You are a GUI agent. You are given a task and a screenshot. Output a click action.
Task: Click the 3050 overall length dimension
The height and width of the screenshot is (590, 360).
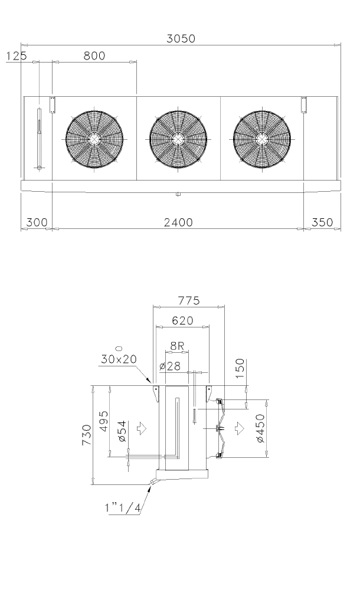pos(181,38)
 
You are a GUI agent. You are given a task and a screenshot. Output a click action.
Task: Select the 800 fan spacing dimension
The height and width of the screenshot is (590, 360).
pos(94,55)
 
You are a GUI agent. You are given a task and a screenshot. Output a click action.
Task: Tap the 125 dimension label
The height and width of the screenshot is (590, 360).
pos(17,55)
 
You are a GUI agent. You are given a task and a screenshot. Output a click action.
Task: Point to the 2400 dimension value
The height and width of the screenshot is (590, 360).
pos(178,222)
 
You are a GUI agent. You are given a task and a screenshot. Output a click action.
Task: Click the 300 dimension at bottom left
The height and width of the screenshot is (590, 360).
pos(37,222)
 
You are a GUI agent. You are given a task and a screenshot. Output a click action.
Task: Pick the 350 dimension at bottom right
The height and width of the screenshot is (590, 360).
pos(322,222)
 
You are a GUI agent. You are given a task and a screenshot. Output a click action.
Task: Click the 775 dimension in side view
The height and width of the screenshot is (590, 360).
pos(189,301)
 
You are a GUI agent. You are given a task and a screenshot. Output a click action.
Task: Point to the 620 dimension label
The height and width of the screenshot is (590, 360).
pos(182,320)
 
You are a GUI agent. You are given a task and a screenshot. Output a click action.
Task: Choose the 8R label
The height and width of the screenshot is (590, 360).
pos(177,346)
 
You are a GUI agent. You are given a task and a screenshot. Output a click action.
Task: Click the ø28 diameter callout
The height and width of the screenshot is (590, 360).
pos(170,366)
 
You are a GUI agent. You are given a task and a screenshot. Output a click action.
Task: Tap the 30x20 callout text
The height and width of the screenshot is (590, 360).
pos(118,359)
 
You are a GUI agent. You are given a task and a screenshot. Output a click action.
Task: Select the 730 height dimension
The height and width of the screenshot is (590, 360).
pos(87,435)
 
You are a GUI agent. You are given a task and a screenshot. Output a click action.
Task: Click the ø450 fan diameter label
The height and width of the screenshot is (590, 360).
pos(260,428)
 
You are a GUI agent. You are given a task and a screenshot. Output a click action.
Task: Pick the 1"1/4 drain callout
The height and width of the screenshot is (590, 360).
pos(123,508)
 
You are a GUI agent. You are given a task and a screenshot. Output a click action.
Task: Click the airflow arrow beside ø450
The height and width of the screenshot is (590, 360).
pos(238,428)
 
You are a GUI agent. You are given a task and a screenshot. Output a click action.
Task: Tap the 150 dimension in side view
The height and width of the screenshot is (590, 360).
pos(240,368)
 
